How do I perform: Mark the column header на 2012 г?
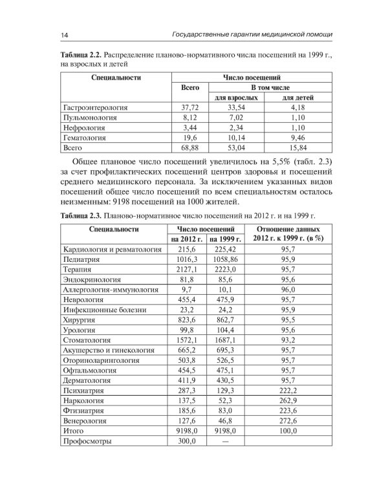(x=186, y=239)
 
